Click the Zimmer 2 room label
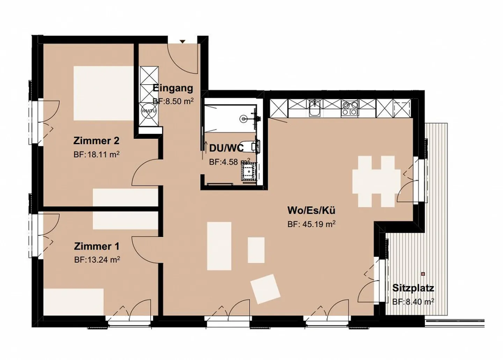pos(96,141)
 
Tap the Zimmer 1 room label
pos(96,246)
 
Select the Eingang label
pos(173,88)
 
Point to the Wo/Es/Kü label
pos(311,210)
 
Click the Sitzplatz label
pos(413,288)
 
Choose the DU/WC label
pos(226,148)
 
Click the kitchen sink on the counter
pos(314,108)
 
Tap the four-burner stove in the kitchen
pos(350,108)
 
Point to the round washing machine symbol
pos(148,111)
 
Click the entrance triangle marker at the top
pos(182,42)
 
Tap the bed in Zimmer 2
pos(103,93)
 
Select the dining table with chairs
pos(376,181)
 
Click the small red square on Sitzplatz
pos(423,274)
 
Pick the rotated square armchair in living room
pos(265,289)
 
